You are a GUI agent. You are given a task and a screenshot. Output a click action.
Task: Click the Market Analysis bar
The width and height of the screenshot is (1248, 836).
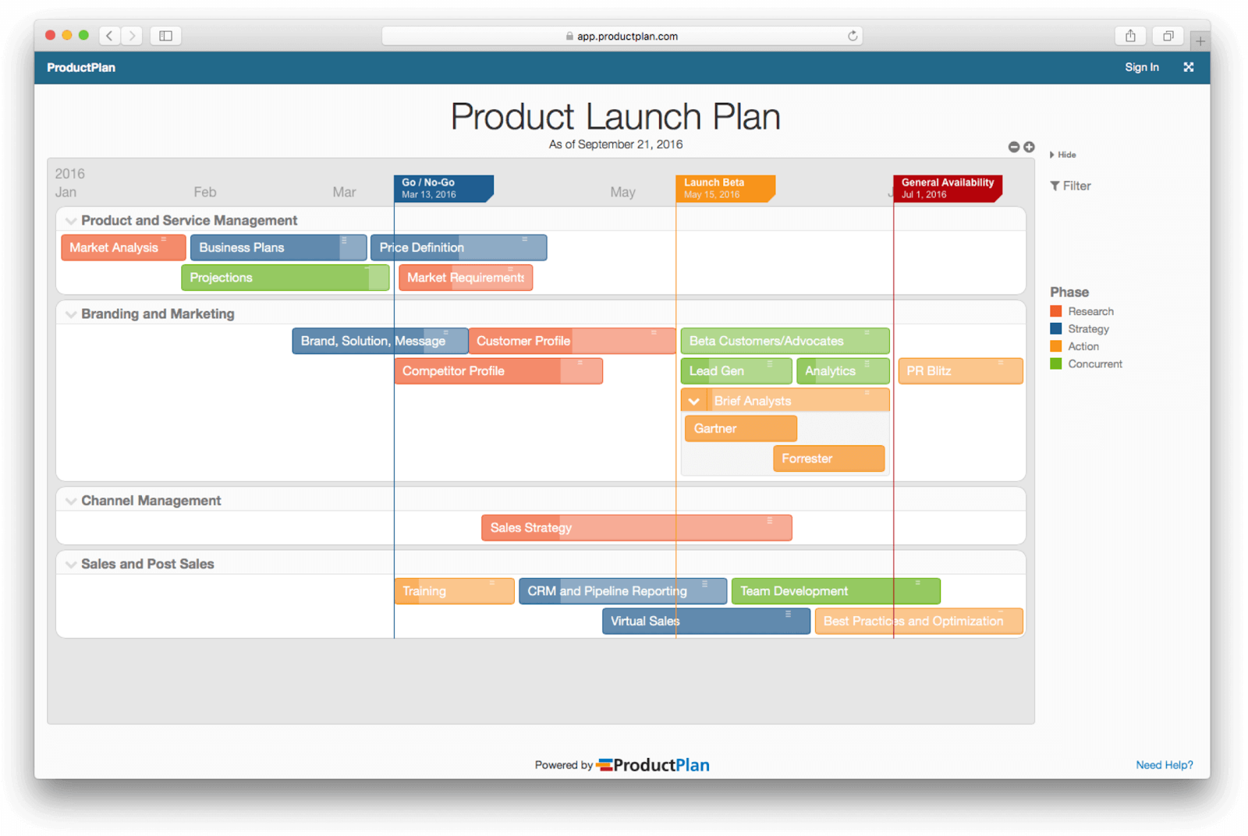click(x=122, y=247)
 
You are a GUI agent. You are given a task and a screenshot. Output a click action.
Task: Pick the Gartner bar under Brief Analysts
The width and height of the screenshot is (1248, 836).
click(x=740, y=429)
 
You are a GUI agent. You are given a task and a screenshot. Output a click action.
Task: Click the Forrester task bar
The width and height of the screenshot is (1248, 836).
click(x=828, y=459)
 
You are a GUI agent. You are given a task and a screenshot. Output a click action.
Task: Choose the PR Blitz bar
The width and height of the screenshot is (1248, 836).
click(x=959, y=371)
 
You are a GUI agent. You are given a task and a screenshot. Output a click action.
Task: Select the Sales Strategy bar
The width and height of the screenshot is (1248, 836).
click(x=636, y=528)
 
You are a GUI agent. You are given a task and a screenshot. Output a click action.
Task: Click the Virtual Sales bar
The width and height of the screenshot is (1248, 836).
click(x=705, y=622)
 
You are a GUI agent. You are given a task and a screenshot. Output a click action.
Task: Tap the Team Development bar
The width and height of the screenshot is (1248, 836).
click(x=835, y=591)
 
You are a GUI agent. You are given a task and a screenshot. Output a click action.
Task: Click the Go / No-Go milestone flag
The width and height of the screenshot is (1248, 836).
click(x=442, y=189)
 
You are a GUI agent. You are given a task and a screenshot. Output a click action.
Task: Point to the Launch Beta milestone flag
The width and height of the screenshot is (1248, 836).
click(x=724, y=189)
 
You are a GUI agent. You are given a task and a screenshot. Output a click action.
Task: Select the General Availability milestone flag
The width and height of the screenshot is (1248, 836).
click(x=947, y=189)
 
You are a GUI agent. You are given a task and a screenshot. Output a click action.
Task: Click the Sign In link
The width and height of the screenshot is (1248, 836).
click(x=1141, y=68)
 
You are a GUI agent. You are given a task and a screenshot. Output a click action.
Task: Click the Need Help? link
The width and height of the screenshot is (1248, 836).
click(x=1164, y=765)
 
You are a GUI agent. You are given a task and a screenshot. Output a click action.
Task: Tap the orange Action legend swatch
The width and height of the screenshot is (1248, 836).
click(x=1056, y=346)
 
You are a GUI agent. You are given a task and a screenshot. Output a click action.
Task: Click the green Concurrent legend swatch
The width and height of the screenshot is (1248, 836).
click(x=1056, y=364)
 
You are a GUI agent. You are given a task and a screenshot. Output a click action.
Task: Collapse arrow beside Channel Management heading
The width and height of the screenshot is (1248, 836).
click(x=71, y=501)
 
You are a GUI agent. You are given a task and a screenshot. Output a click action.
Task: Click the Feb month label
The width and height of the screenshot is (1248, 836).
click(x=205, y=192)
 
